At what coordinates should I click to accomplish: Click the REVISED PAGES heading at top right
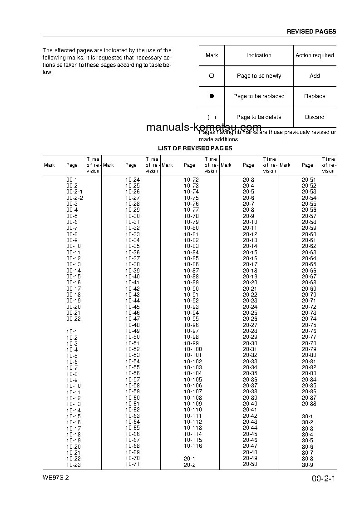click(x=311, y=32)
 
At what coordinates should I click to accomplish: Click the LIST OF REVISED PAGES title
click(x=195, y=149)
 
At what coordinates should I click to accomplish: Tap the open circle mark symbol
click(x=211, y=76)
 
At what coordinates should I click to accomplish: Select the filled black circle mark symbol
click(x=211, y=96)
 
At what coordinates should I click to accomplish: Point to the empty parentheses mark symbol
click(x=211, y=117)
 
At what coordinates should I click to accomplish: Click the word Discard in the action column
click(x=315, y=117)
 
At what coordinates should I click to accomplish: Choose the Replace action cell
click(x=315, y=96)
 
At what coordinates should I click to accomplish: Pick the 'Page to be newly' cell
click(x=259, y=76)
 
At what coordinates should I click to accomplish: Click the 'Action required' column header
click(x=315, y=55)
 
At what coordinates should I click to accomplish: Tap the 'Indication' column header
click(x=259, y=55)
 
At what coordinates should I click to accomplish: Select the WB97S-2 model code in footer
click(x=56, y=479)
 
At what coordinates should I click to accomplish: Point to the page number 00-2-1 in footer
click(x=323, y=479)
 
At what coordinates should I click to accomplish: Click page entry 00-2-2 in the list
click(x=74, y=198)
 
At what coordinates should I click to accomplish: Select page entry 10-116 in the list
click(x=192, y=446)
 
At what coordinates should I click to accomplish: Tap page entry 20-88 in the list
click(x=309, y=404)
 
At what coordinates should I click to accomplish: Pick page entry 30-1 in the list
click(x=307, y=416)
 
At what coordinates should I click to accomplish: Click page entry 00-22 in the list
click(x=73, y=319)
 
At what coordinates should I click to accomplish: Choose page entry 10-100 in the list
click(x=192, y=349)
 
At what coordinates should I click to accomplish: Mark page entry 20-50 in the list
click(x=250, y=464)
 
